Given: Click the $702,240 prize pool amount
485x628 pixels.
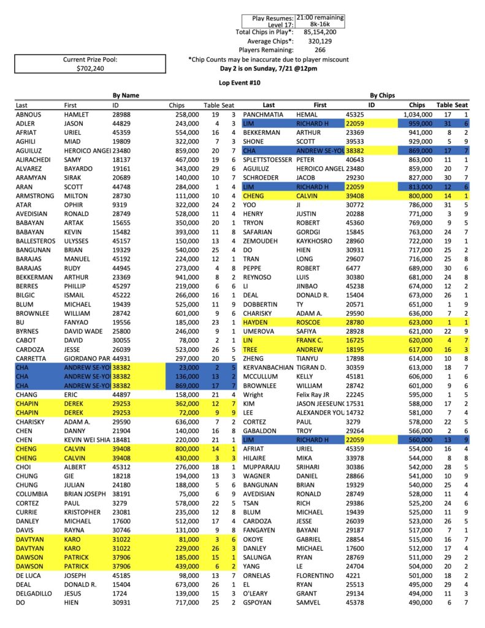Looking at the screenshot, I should coord(90,69).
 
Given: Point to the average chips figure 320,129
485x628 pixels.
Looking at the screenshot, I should coord(321,41).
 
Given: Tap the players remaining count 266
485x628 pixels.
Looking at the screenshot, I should coord(320,50).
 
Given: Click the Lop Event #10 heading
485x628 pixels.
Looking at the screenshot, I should coord(242,82).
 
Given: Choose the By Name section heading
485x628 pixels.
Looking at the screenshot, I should coord(126,96).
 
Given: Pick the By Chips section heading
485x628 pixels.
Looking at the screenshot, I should coord(383,96).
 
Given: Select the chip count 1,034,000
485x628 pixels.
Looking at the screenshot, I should coord(414,115).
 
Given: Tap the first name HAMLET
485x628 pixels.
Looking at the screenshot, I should coord(77,115).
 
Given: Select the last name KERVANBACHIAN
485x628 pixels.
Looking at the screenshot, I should coord(273,366).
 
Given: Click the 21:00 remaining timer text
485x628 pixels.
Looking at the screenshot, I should coord(319,18).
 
